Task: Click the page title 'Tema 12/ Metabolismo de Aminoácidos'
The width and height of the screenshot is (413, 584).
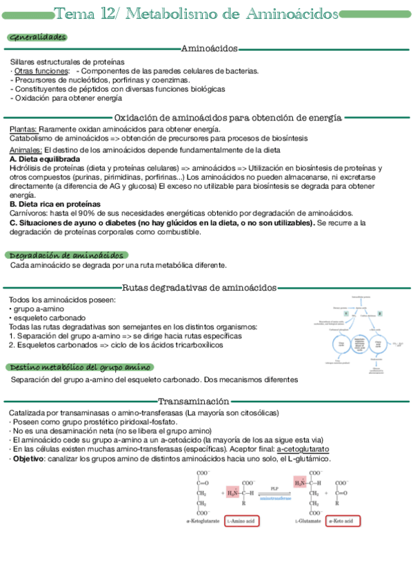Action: click(x=196, y=14)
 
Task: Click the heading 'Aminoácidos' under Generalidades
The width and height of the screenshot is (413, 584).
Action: click(x=209, y=48)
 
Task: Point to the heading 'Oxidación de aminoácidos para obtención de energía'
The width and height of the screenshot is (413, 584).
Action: click(x=228, y=118)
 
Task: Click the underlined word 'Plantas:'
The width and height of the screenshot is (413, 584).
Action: click(x=23, y=129)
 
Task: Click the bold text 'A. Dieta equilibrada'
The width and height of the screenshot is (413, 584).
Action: click(x=45, y=159)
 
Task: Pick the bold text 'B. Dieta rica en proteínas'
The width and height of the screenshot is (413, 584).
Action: click(x=54, y=205)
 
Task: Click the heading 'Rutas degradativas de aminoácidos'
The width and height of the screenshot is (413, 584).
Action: click(x=199, y=288)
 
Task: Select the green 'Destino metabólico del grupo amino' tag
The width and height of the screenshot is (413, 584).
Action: click(x=80, y=368)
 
